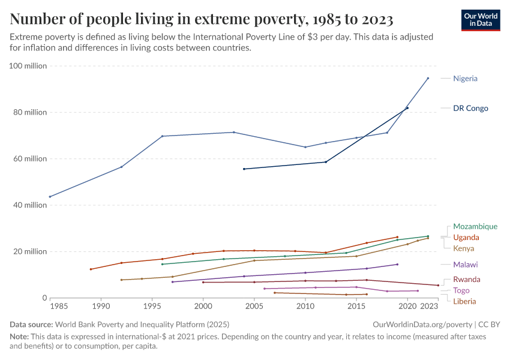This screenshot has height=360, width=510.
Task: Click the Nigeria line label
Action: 465,79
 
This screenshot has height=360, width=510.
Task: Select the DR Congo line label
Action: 470,109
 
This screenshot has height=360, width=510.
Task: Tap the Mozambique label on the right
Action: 475,227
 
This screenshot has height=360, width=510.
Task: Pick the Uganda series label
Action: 466,238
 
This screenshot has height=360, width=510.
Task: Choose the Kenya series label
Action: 464,248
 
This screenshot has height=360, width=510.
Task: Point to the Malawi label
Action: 466,265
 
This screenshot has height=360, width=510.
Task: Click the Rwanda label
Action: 466,280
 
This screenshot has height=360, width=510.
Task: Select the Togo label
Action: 461,290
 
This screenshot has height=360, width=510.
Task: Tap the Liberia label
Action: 465,301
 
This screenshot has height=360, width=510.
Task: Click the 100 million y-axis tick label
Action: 28,66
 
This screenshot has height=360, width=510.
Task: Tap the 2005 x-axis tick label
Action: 254,307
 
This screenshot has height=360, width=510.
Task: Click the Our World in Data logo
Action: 481,19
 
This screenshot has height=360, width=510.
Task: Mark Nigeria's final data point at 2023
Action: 428,78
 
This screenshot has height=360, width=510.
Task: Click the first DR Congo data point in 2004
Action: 244,169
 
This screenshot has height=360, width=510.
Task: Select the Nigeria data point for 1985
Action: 50,197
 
